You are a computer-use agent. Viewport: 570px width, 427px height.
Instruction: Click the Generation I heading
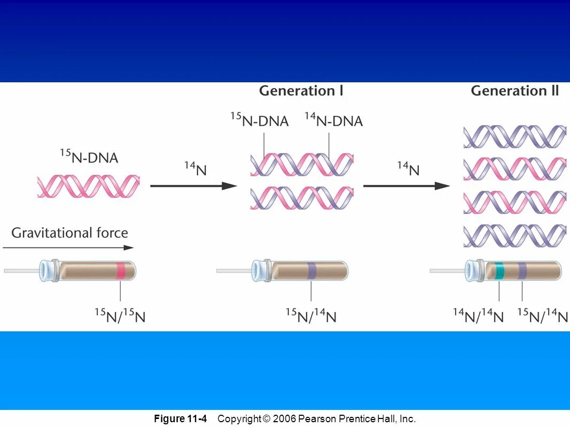pos(301,91)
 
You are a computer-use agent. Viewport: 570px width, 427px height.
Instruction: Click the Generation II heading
pos(514,91)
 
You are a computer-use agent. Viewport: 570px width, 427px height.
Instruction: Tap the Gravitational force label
pos(69,233)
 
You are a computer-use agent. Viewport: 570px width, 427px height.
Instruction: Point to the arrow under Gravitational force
pos(68,247)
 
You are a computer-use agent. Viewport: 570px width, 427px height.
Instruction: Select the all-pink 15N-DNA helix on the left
pos(88,187)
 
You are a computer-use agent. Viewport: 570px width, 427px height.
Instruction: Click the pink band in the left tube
pos(121,270)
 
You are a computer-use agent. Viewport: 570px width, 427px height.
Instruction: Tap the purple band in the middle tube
pos(312,270)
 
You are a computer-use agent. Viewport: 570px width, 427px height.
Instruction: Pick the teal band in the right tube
pos(499,270)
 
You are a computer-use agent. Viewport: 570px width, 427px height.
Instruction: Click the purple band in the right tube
pos(522,270)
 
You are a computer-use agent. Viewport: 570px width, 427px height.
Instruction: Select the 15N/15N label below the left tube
pos(120,316)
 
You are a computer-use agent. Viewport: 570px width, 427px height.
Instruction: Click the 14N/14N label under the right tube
pos(478,316)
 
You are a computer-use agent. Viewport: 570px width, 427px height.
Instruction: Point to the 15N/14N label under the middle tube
pos(311,316)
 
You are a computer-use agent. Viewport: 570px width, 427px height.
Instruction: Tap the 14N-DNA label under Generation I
pos(333,121)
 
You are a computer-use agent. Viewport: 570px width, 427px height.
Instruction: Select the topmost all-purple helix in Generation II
pos(514,137)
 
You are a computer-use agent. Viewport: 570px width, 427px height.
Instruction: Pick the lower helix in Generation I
pos(302,197)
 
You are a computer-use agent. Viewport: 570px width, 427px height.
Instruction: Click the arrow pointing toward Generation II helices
pos(406,186)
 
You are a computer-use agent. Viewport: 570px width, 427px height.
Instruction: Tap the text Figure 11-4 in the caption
pos(180,418)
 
